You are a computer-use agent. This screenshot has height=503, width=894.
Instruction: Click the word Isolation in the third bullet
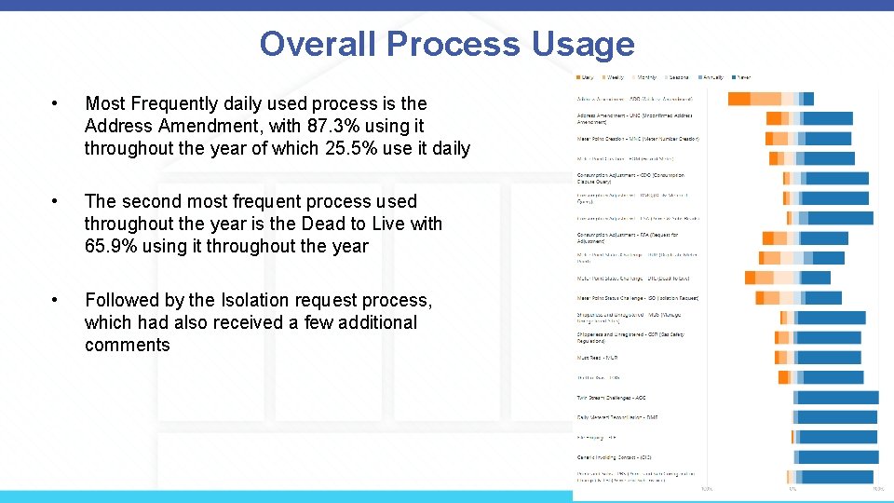point(264,300)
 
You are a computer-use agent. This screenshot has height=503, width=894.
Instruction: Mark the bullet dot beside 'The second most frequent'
point(57,202)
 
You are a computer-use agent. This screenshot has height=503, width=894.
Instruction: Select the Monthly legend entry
point(645,77)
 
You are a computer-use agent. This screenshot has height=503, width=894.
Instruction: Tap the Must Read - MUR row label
point(598,357)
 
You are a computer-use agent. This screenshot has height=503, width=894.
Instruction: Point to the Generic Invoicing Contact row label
point(615,456)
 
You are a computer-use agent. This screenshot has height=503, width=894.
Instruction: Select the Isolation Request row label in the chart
point(638,298)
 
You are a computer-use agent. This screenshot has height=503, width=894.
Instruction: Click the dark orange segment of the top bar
point(738,99)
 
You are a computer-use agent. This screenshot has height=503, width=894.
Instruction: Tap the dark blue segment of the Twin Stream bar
point(838,398)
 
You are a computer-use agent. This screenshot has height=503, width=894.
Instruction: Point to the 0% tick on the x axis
point(792,488)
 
